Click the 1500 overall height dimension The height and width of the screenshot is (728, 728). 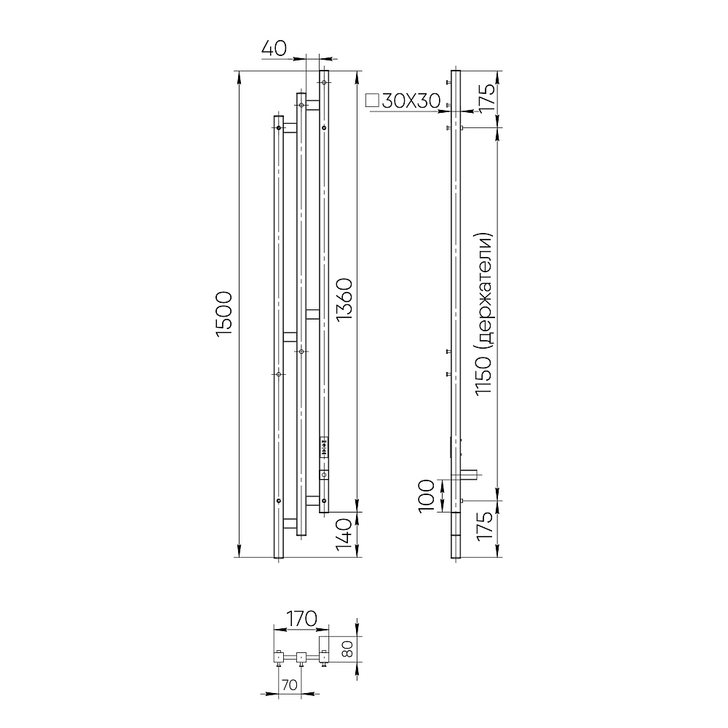pos(224,314)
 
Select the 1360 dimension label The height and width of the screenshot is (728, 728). pos(344,299)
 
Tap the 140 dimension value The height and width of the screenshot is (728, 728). pos(344,535)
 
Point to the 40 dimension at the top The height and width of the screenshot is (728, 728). pos(274,48)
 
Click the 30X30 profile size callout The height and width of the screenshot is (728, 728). pos(411,100)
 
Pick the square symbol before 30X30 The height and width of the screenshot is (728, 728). pos(372,100)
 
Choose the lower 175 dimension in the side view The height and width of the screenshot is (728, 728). pos(484,525)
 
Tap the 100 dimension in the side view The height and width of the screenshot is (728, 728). pos(427,496)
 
